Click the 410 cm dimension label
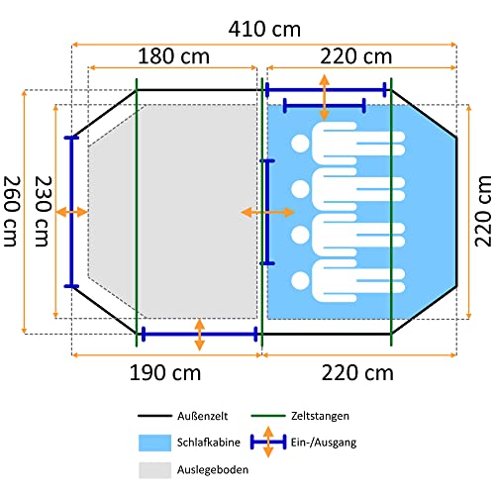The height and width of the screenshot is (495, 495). coord(264,29)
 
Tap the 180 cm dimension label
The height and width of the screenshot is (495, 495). coord(173,56)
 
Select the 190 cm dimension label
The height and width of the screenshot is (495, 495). coord(165,373)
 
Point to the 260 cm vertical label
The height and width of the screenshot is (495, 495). coord(12,211)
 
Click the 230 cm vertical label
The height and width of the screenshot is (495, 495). coord(44,211)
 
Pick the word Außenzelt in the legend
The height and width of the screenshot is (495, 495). coord(202,416)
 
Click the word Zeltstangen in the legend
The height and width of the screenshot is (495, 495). coord(320,416)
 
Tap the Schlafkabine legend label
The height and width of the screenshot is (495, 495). coord(209,443)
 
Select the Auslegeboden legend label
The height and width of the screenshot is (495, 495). coord(213,469)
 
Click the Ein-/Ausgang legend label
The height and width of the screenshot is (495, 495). coord(324,443)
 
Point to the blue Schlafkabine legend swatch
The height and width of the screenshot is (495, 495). coord(154,443)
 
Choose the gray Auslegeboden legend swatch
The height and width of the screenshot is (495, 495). coord(154,470)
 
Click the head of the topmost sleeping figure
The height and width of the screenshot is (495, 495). coord(300,144)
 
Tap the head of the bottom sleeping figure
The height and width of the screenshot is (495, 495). coord(300,281)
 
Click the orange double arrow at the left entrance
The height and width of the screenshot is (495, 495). coord(71,212)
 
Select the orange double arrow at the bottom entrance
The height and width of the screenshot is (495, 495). coord(199,335)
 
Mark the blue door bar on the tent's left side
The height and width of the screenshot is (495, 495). coord(71,212)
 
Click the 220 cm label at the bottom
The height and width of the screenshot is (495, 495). coord(357,373)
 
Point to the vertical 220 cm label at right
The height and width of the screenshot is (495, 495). coord(483,211)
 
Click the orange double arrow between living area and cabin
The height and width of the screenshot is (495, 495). coord(267,212)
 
